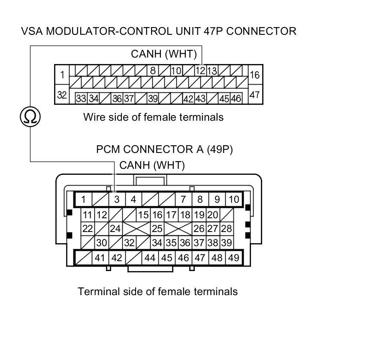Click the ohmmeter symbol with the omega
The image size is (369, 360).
click(x=30, y=116)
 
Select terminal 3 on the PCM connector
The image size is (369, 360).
click(x=116, y=199)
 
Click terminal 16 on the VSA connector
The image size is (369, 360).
click(x=254, y=75)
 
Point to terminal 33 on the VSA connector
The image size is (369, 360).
click(x=81, y=98)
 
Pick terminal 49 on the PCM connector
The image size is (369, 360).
click(x=234, y=258)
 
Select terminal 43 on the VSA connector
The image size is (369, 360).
click(x=200, y=98)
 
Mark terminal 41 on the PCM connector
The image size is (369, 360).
click(x=100, y=258)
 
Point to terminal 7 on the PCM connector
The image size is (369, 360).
click(x=183, y=199)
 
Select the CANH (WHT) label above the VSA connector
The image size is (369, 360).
click(x=164, y=54)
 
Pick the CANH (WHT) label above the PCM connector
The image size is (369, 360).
click(x=152, y=165)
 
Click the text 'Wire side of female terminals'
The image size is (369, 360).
click(x=153, y=117)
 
